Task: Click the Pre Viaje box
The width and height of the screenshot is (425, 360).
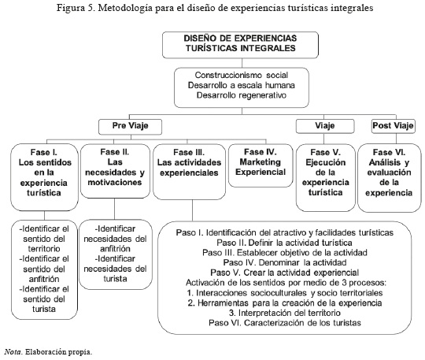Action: [x=130, y=127]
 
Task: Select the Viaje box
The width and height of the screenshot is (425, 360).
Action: [x=325, y=126]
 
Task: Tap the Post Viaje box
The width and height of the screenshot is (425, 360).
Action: [x=393, y=126]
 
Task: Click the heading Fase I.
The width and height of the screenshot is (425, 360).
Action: [x=44, y=152]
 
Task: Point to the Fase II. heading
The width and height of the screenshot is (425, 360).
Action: [x=115, y=152]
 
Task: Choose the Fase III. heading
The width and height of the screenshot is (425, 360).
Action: [x=189, y=152]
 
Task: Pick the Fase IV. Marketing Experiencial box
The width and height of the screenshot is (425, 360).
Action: [x=261, y=165]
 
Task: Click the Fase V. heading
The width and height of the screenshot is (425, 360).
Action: [x=325, y=152]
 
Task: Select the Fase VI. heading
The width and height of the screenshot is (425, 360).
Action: [x=389, y=152]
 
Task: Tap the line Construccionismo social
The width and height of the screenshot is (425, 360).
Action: [x=242, y=75]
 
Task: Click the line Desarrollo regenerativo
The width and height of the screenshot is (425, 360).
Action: [x=242, y=95]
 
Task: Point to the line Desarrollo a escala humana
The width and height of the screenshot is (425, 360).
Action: [x=242, y=85]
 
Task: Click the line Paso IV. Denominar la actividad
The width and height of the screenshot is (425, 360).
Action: [x=285, y=262]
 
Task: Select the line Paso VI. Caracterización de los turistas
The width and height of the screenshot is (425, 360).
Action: [x=285, y=323]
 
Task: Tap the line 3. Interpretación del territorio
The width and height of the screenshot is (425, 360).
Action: [x=285, y=313]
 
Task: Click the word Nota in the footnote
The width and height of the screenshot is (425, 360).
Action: [x=13, y=352]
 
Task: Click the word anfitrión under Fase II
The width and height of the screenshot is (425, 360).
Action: [x=115, y=249]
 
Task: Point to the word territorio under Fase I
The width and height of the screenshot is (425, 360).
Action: [x=44, y=249]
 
